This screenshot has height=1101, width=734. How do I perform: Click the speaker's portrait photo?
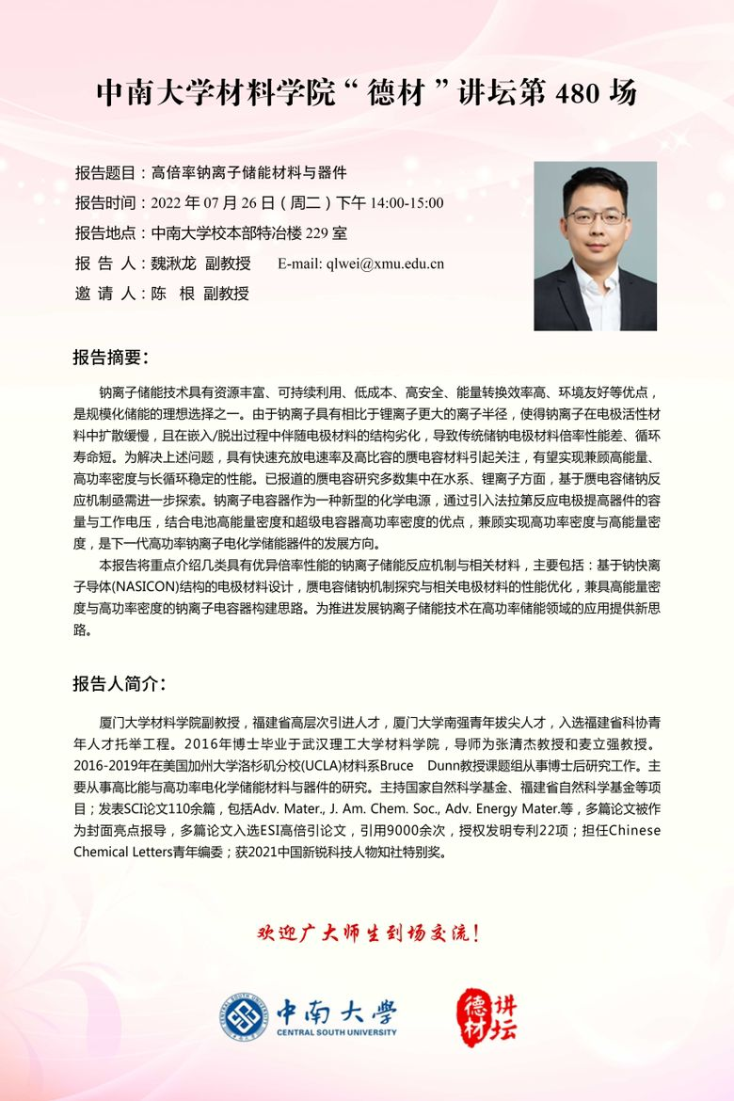[x=595, y=246]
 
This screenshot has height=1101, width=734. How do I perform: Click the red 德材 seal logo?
[x=474, y=1014]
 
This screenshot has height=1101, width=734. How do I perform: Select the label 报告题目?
[x=105, y=172]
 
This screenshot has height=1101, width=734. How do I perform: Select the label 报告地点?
[x=105, y=233]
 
